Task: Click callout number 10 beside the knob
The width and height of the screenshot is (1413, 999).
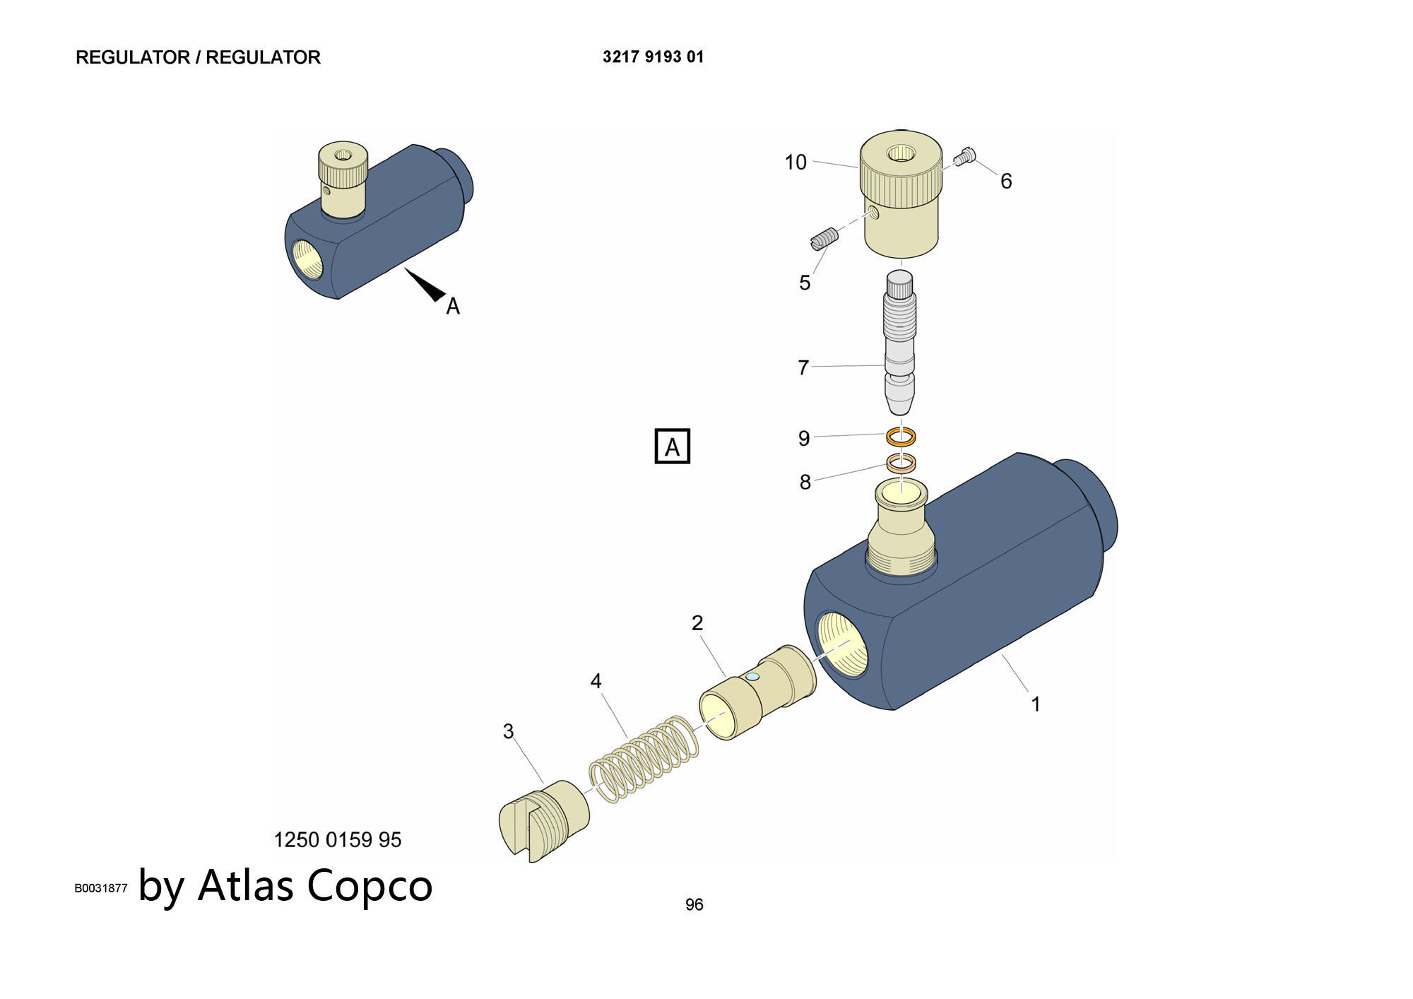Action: (x=796, y=162)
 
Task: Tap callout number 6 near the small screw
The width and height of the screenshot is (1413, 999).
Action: (x=1006, y=182)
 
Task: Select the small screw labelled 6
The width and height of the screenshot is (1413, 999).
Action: (x=966, y=156)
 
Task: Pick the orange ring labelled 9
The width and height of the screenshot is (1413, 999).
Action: (x=901, y=437)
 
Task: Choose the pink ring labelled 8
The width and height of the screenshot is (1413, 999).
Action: (x=901, y=463)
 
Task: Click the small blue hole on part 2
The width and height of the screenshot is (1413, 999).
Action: (x=752, y=677)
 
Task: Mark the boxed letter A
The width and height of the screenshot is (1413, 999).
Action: (x=672, y=447)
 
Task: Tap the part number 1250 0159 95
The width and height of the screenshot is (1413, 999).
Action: (x=337, y=839)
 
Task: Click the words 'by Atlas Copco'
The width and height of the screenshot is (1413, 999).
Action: (x=285, y=885)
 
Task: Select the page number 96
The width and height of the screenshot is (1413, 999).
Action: (x=694, y=904)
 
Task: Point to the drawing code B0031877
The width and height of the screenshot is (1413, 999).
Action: (x=101, y=888)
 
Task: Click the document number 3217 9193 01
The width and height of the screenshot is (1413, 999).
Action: (x=653, y=57)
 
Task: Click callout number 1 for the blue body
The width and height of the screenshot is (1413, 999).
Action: (x=1035, y=704)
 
